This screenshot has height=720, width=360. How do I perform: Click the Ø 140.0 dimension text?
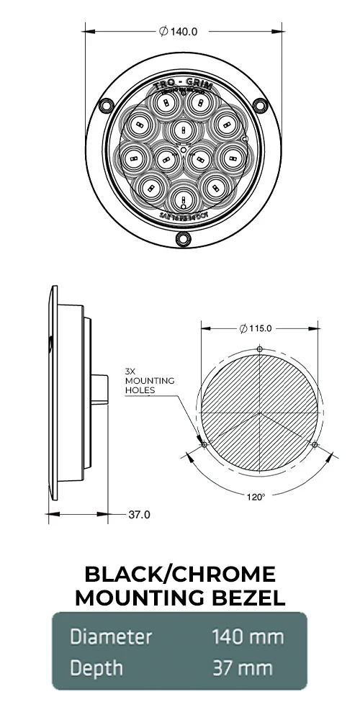click(x=178, y=31)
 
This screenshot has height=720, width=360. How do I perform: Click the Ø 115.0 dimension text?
click(x=256, y=328)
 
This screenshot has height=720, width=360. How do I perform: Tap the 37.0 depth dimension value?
click(x=139, y=514)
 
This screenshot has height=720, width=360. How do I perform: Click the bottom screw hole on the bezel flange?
click(x=183, y=238)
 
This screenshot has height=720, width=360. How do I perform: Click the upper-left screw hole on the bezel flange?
click(x=106, y=105)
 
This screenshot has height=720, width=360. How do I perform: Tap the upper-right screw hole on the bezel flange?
click(x=259, y=105)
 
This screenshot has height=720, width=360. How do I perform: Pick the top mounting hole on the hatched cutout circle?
click(x=260, y=350)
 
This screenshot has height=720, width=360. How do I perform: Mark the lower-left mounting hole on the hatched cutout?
click(x=204, y=445)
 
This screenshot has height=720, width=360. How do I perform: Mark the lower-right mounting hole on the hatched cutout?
click(x=315, y=445)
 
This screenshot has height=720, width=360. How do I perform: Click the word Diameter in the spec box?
click(x=111, y=636)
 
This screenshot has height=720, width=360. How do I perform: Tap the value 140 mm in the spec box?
click(x=248, y=636)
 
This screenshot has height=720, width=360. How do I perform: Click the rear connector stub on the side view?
click(x=101, y=389)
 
